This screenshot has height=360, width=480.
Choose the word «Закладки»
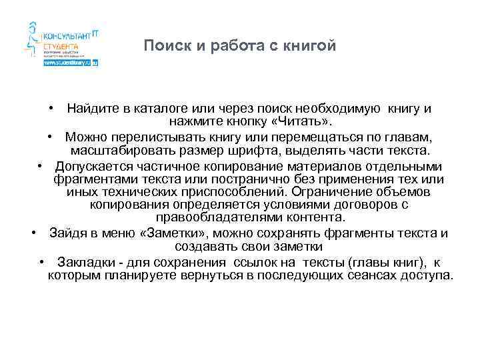click(83, 262)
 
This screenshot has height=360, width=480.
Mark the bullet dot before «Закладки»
click(43, 262)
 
